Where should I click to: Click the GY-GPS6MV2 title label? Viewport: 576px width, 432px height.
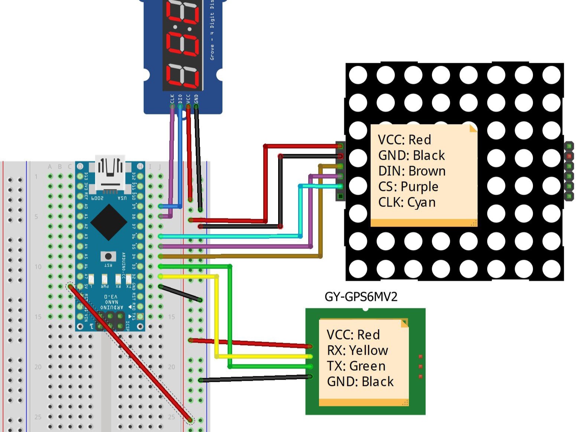pyautogui.click(x=361, y=297)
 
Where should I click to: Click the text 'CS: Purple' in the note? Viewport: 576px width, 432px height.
pyautogui.click(x=408, y=186)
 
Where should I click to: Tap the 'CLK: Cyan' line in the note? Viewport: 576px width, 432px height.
pyautogui.click(x=407, y=202)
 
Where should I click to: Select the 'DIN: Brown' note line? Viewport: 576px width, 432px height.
pyautogui.click(x=411, y=171)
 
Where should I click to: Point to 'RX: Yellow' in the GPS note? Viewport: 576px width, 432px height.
pyautogui.click(x=357, y=350)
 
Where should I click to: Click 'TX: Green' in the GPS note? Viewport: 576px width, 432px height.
pyautogui.click(x=356, y=366)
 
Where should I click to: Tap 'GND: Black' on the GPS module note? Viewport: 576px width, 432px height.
pyautogui.click(x=360, y=381)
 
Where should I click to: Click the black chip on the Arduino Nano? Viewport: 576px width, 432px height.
pyautogui.click(x=108, y=222)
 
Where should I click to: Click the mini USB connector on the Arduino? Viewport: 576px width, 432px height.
pyautogui.click(x=110, y=173)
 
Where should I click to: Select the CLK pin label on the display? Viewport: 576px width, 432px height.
pyautogui.click(x=172, y=99)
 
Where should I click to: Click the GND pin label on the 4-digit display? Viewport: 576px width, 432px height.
pyautogui.click(x=196, y=99)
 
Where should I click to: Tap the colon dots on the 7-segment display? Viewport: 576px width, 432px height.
pyautogui.click(x=183, y=29)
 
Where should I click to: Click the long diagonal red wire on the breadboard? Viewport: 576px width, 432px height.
pyautogui.click(x=130, y=353)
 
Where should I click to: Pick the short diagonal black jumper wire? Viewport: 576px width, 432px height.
pyautogui.click(x=180, y=293)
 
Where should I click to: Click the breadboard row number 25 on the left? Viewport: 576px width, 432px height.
pyautogui.click(x=38, y=417)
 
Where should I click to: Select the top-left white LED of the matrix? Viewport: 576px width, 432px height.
pyautogui.click(x=358, y=75)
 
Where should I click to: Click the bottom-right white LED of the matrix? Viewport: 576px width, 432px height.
pyautogui.click(x=551, y=269)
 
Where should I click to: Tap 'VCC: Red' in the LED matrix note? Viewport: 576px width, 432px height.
pyautogui.click(x=404, y=140)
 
